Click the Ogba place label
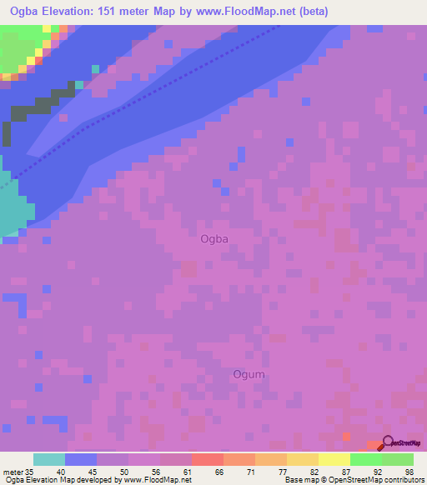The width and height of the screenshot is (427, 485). (x=214, y=239)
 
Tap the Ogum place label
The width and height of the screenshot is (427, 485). (x=249, y=374)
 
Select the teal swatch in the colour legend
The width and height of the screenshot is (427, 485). (x=49, y=459)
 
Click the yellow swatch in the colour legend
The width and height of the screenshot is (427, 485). (x=334, y=459)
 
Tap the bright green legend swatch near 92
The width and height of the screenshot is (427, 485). (x=365, y=459)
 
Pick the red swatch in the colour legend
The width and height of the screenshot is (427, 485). (x=207, y=459)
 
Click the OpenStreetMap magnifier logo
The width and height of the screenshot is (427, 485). (x=389, y=443)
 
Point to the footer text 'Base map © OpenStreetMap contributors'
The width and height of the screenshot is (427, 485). (x=354, y=480)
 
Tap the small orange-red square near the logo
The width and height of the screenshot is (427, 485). (x=347, y=436)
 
